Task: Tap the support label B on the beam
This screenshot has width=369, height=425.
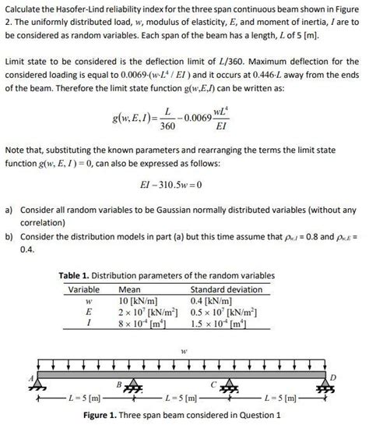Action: pos(119,384)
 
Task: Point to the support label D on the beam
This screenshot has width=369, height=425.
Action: pos(335,377)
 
